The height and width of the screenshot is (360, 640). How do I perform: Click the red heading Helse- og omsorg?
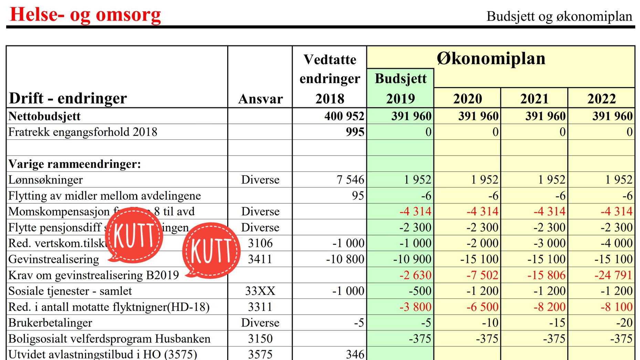85,15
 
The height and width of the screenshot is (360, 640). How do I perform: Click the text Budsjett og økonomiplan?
559,16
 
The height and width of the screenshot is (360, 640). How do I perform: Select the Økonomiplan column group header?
491,58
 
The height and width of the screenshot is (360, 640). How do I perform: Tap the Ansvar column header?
260,99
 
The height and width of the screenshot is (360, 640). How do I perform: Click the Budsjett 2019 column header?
400,88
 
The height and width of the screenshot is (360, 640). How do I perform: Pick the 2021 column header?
534,99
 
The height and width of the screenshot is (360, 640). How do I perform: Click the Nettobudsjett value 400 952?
344,116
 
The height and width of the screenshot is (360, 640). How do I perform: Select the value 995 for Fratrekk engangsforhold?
355,132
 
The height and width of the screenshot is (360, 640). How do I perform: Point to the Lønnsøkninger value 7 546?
350,179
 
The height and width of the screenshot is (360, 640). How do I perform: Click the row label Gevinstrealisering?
54,259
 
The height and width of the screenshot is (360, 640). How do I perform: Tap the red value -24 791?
613,275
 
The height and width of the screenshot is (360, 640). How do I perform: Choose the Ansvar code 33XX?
260,291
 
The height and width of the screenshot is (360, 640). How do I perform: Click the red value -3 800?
415,307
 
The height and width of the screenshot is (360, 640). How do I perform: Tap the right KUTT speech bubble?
211,250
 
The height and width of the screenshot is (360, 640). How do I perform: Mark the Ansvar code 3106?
260,243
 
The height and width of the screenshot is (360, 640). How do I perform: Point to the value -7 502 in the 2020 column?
482,275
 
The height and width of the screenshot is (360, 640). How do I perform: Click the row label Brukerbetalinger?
50,323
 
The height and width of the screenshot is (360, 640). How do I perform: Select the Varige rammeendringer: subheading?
74,164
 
